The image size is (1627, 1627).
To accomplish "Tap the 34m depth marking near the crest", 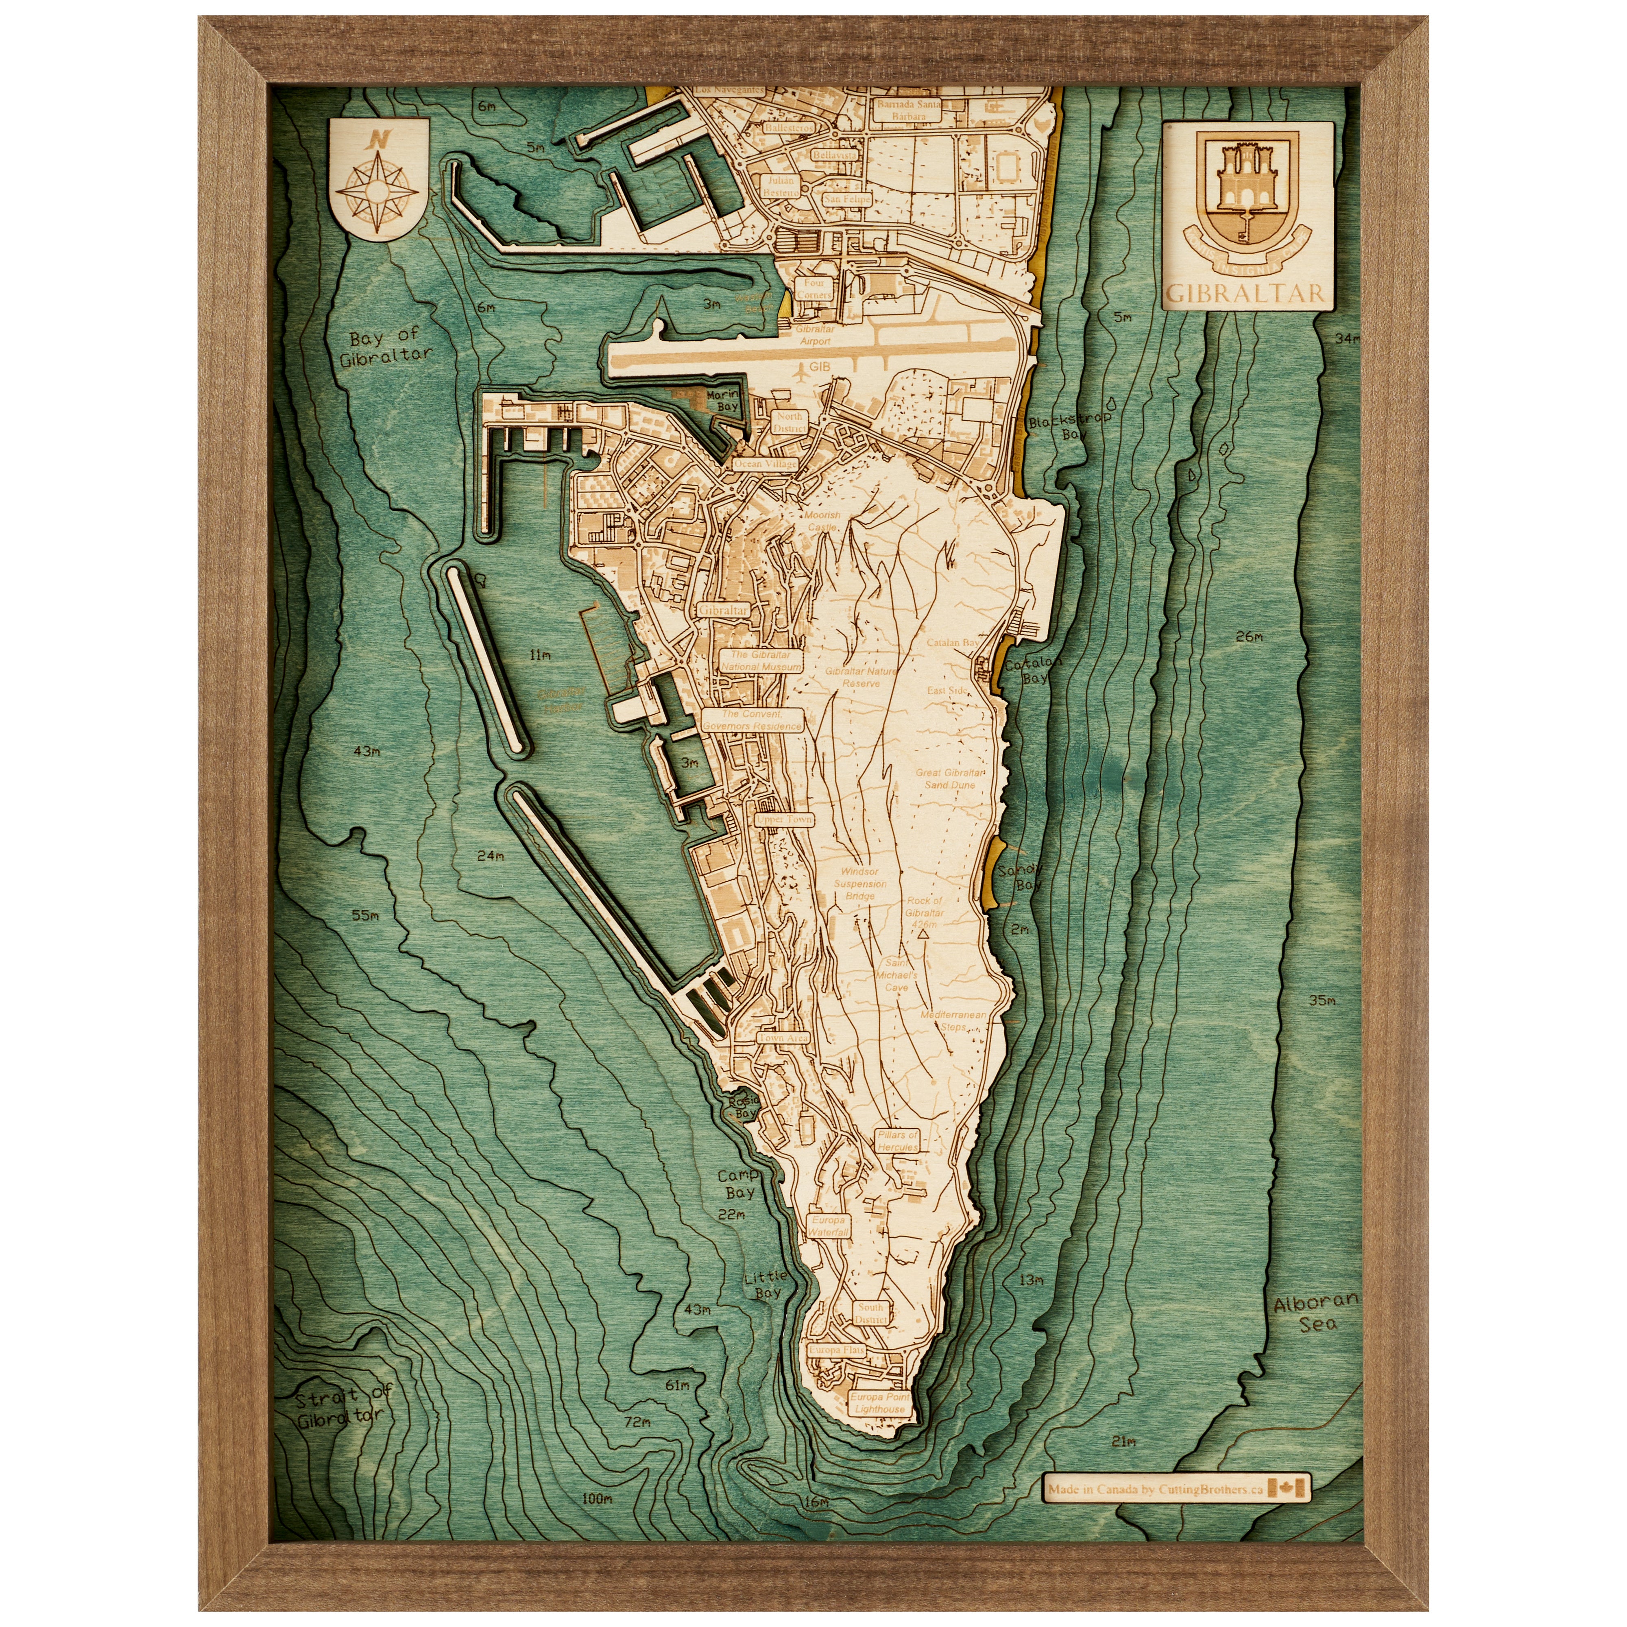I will coord(1347,338).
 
